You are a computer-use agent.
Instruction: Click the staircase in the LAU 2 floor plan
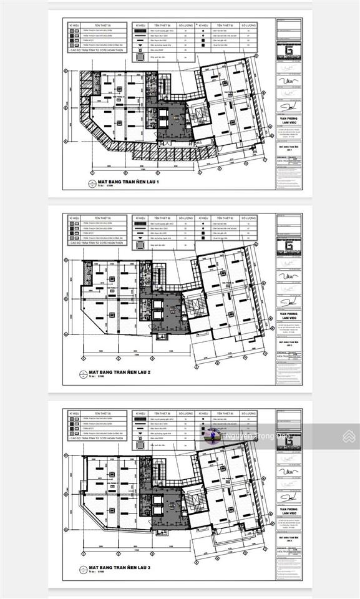(x=198, y=309)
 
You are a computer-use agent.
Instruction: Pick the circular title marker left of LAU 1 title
(x=84, y=182)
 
